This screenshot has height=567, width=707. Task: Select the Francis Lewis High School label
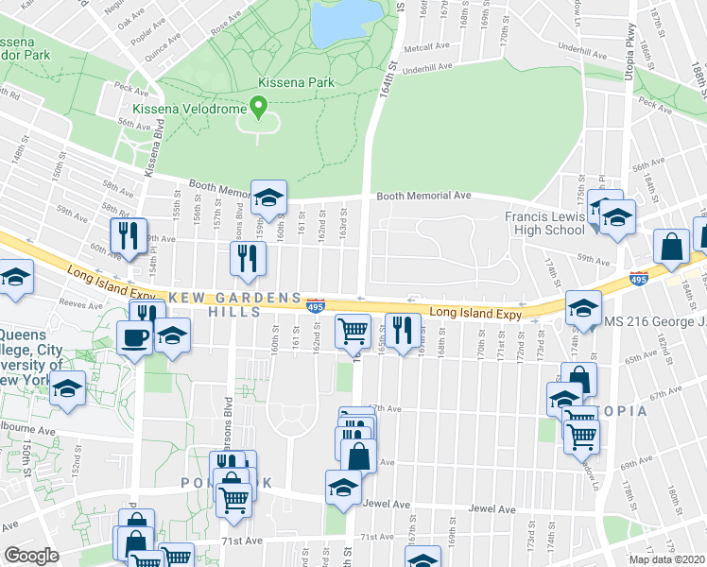click(x=544, y=223)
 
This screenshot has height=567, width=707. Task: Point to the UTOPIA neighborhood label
click(x=619, y=411)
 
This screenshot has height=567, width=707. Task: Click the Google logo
click(x=31, y=556)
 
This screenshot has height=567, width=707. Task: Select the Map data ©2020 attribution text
click(x=666, y=559)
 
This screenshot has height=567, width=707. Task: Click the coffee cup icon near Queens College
click(x=134, y=336)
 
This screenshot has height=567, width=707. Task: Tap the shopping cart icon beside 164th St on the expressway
click(x=352, y=330)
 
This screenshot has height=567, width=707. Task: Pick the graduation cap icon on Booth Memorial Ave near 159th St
click(x=268, y=198)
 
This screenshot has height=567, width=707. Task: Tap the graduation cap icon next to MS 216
click(x=582, y=308)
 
